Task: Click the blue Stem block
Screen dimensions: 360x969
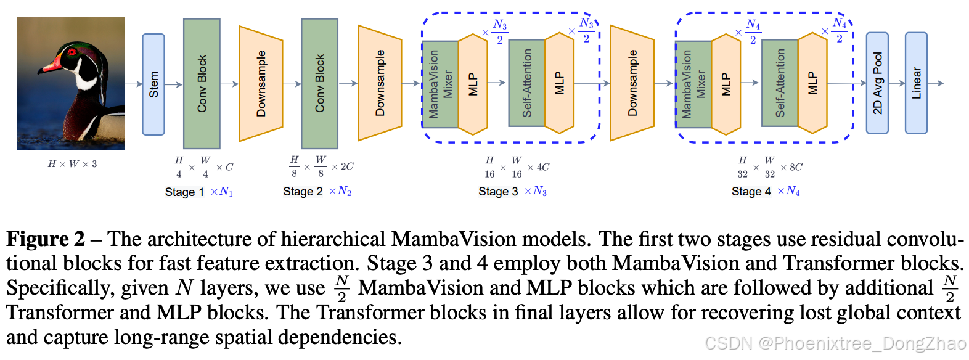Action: click(153, 84)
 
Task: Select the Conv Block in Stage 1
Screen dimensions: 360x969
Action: click(202, 84)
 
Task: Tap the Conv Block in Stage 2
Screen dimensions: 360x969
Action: click(319, 84)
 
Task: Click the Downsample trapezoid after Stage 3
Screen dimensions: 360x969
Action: click(632, 83)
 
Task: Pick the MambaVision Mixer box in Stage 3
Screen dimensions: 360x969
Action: click(440, 84)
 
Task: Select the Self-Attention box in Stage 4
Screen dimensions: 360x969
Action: click(780, 83)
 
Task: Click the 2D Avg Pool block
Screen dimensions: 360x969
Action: click(877, 83)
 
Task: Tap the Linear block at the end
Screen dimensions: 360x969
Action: click(916, 83)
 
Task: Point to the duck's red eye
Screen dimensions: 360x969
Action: click(73, 52)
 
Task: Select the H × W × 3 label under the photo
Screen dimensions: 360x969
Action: click(72, 164)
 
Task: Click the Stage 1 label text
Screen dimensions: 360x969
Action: click(184, 192)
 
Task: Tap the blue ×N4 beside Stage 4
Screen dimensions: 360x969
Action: click(788, 192)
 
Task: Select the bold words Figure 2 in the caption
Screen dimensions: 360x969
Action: click(45, 239)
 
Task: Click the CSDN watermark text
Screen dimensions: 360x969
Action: click(835, 343)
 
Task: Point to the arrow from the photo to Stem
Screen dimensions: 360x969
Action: click(133, 84)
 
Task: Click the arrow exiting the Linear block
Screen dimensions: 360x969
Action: click(936, 83)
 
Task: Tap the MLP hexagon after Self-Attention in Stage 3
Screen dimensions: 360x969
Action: click(560, 84)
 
